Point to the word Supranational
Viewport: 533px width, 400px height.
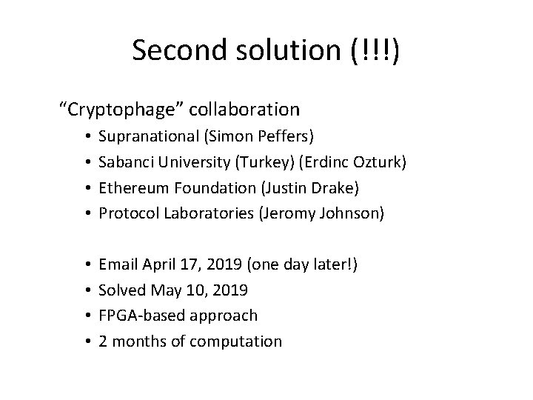(145, 138)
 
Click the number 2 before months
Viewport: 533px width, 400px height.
(103, 341)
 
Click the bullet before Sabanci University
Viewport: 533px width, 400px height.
(87, 162)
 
